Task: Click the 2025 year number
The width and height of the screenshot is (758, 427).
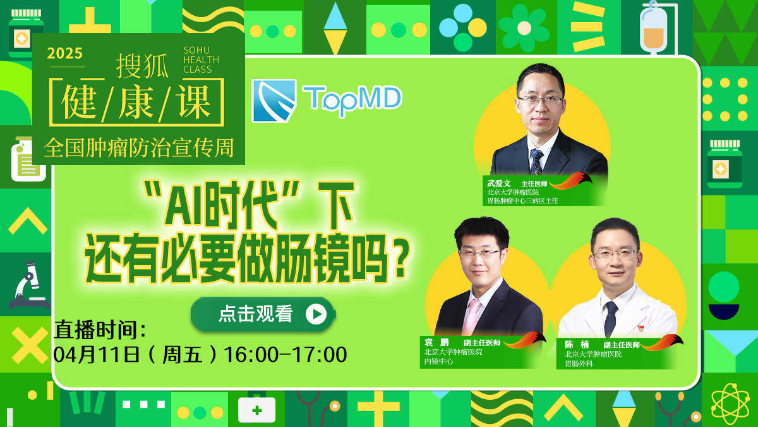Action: [64, 53]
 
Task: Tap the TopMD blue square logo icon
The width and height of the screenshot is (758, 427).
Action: [274, 101]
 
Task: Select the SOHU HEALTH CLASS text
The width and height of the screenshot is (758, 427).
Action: [201, 60]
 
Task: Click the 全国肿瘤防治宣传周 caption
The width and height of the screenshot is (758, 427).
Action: [139, 148]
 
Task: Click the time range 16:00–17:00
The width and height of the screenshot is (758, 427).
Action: [286, 354]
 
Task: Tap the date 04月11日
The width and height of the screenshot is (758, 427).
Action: [97, 354]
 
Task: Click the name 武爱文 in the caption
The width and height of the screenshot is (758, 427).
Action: [499, 183]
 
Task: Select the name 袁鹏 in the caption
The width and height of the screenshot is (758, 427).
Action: [436, 342]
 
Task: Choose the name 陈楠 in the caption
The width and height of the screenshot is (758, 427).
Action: [577, 344]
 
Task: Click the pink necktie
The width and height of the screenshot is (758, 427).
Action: [472, 317]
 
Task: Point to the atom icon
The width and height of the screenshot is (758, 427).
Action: [730, 404]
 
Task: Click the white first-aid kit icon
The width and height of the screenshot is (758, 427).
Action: [256, 410]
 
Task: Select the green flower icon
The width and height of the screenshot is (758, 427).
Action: [524, 28]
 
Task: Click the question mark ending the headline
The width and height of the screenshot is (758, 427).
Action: [400, 260]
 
